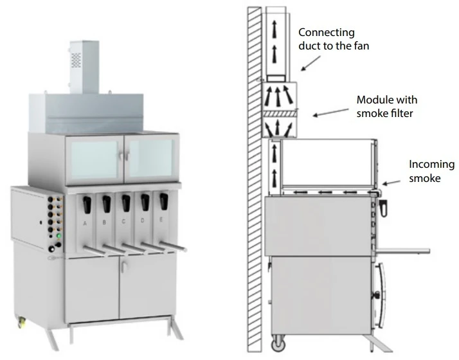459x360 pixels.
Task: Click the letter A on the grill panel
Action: [x=85, y=223]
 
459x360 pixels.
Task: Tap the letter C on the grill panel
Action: [x=123, y=223]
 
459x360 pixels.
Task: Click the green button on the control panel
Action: [x=59, y=237]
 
